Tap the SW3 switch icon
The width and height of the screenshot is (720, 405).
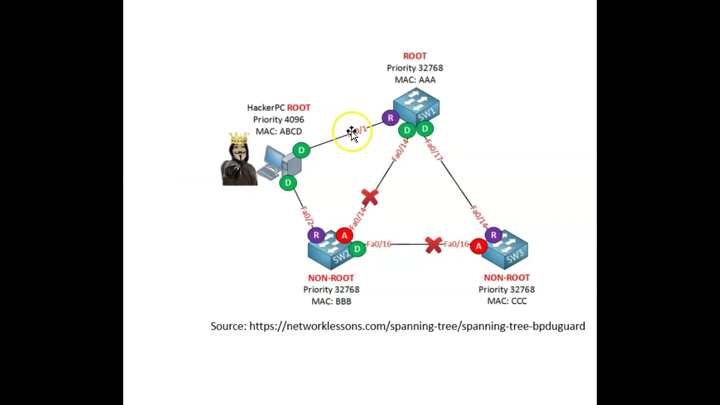click(x=505, y=250)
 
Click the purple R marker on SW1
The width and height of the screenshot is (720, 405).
click(x=390, y=118)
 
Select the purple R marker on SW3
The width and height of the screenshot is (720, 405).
click(x=493, y=235)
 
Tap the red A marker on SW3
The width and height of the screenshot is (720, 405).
click(x=479, y=246)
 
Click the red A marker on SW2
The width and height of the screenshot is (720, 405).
click(x=344, y=236)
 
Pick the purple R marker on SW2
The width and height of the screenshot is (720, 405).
click(x=316, y=235)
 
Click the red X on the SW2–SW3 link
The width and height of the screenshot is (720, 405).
click(x=433, y=245)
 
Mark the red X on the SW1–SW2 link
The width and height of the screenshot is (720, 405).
click(x=370, y=197)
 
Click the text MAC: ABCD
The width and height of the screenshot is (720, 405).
click(x=278, y=131)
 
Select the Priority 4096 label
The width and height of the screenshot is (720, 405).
click(x=278, y=119)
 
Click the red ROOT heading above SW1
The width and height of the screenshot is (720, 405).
click(x=415, y=56)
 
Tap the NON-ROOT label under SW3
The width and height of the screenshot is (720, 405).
click(x=506, y=277)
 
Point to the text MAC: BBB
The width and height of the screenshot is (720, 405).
click(x=331, y=301)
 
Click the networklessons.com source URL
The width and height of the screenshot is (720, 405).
click(x=417, y=326)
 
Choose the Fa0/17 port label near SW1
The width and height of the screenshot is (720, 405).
click(x=434, y=149)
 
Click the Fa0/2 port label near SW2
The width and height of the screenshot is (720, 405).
click(x=307, y=216)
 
